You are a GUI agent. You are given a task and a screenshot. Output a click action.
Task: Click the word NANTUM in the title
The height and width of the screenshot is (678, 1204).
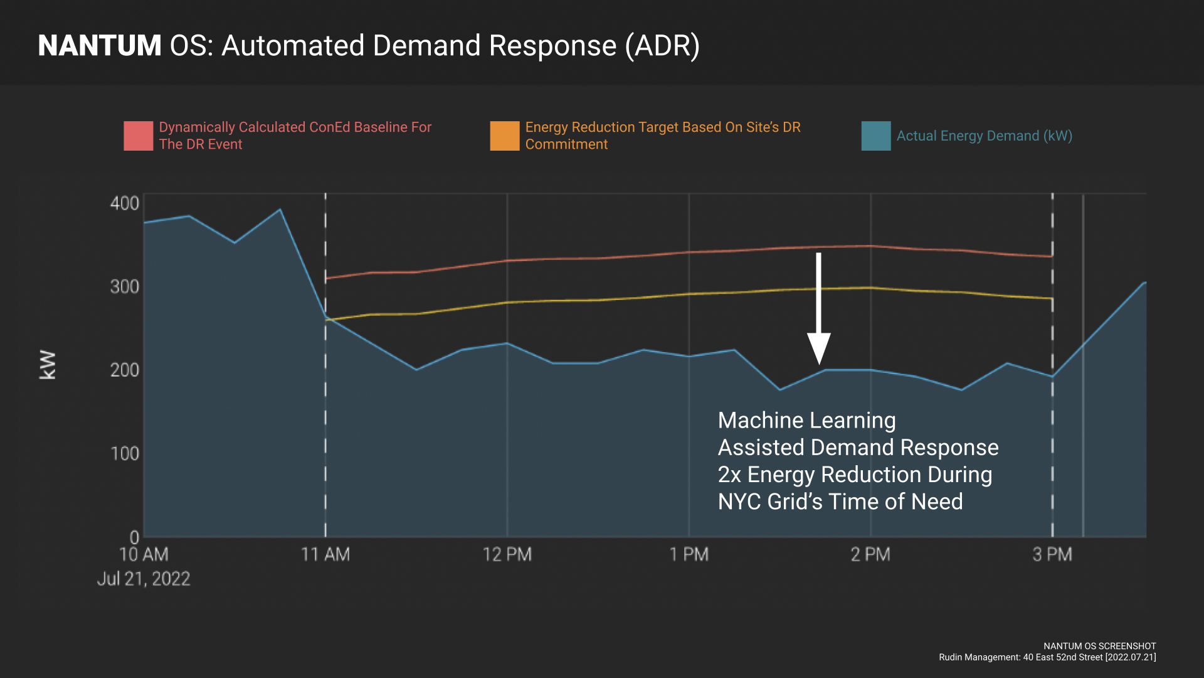(x=100, y=46)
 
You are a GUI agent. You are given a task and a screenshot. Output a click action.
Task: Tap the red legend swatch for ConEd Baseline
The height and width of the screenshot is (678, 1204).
(x=138, y=136)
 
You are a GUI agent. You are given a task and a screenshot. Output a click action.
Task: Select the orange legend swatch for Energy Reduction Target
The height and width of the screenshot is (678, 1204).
(x=504, y=136)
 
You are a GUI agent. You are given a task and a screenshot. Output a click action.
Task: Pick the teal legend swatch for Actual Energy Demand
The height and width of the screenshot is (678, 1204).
(x=875, y=136)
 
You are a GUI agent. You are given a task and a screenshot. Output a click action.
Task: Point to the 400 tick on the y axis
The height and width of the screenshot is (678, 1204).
(x=124, y=203)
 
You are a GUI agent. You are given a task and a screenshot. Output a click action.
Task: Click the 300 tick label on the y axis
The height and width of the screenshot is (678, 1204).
(x=124, y=287)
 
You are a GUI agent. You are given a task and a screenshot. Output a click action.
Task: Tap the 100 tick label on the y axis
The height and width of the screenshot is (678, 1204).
(x=124, y=453)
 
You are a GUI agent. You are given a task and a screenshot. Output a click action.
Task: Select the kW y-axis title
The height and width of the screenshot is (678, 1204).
(x=48, y=365)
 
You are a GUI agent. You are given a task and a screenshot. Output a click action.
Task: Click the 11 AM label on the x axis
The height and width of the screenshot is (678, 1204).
(x=325, y=555)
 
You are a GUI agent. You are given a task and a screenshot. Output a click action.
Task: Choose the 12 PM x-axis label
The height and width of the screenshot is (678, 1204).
(x=507, y=555)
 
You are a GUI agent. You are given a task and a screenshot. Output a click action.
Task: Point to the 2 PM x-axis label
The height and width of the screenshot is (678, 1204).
(x=870, y=555)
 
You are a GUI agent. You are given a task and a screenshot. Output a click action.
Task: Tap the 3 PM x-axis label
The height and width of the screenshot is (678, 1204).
(x=1052, y=555)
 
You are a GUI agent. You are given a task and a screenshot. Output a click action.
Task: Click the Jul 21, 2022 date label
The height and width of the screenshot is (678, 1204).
(x=143, y=579)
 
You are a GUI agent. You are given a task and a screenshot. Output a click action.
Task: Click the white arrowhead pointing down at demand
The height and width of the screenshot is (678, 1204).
(x=818, y=348)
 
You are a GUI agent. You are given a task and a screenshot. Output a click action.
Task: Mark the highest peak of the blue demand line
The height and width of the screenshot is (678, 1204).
(x=280, y=210)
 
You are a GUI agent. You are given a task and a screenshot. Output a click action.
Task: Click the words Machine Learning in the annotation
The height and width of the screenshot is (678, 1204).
(x=806, y=421)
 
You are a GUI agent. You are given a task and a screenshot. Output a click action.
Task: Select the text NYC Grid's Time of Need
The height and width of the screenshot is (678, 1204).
(x=840, y=502)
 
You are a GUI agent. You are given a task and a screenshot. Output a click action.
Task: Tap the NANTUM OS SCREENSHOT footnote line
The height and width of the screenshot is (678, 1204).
(x=1099, y=646)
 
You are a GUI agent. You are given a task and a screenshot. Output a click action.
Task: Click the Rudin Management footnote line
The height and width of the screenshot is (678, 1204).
(x=1047, y=657)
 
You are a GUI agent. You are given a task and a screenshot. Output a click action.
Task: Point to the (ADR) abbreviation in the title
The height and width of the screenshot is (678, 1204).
(x=662, y=46)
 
